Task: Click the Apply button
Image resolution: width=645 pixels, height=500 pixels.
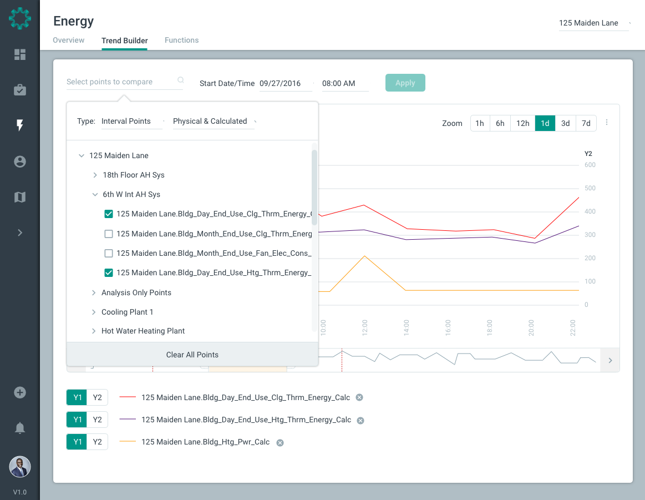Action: coord(405,83)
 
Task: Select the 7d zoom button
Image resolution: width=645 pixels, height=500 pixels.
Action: coord(586,123)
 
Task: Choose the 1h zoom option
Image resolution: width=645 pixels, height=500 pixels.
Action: coord(480,123)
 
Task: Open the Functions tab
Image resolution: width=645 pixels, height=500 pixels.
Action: coord(181,41)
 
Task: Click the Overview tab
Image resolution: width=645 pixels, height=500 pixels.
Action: coord(69,41)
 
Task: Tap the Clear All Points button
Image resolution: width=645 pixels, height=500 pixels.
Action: coord(192,355)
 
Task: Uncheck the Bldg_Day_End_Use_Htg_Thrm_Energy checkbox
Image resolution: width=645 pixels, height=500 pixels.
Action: coord(109,272)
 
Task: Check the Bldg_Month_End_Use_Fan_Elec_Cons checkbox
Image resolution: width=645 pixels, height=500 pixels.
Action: coord(109,253)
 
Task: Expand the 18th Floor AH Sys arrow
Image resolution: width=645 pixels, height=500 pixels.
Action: coord(95,175)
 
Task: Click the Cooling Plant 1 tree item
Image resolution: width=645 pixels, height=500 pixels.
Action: coord(127,312)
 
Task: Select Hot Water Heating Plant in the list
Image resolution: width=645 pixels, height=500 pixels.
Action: coord(143,331)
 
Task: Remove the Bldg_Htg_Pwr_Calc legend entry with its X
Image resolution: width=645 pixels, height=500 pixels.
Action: coord(280,442)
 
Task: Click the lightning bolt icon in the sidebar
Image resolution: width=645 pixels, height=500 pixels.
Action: coord(20,125)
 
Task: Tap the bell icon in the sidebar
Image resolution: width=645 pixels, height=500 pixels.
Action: coord(20,428)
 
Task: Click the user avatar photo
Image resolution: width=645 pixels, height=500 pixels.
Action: coord(20,467)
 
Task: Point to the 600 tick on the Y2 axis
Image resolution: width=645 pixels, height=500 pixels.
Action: coord(590,165)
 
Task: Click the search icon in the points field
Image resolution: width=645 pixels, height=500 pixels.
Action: coord(180,80)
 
